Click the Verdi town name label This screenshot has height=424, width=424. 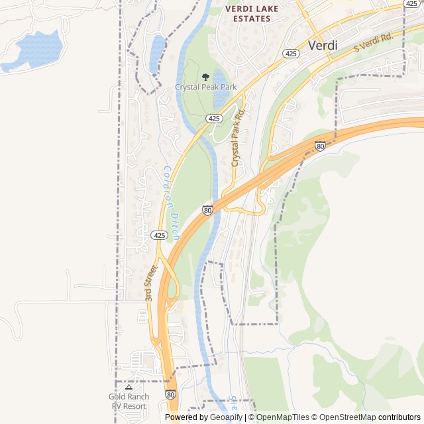click(323, 46)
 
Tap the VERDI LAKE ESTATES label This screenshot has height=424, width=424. click(252, 14)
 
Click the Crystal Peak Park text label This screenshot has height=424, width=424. click(205, 87)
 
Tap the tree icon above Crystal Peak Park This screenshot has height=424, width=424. click(205, 77)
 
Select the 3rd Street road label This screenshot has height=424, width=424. click(152, 284)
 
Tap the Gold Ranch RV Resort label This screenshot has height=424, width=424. click(129, 401)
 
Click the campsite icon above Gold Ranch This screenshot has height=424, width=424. click(129, 387)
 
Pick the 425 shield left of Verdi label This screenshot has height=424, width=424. click(290, 53)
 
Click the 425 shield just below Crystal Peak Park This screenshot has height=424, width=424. click(213, 118)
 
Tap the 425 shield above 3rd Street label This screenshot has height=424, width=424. click(158, 235)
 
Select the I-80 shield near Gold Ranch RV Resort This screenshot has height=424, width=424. click(171, 395)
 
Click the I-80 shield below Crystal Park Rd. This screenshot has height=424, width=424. click(208, 211)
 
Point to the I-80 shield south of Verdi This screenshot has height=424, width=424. click(320, 146)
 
